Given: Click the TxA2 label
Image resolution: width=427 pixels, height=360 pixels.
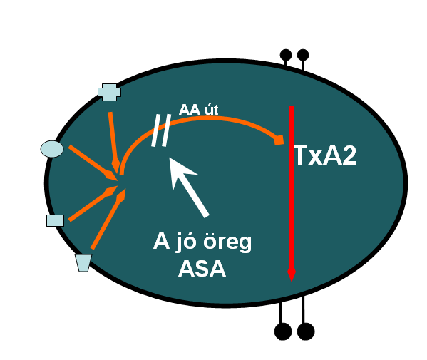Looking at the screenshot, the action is (325, 155).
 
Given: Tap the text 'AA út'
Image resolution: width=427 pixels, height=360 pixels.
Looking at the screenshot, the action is (198, 110).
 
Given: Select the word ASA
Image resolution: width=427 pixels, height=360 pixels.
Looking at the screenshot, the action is (202, 269).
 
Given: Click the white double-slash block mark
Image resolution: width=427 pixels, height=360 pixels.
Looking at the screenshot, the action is (161, 130).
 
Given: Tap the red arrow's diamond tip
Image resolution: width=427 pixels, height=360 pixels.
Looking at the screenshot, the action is (292, 274).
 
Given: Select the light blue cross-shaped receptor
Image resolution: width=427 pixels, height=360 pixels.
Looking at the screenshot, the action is (109, 92).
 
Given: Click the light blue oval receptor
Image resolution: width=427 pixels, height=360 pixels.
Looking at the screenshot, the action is (52, 149).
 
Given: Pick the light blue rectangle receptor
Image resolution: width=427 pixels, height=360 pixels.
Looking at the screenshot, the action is (56, 220).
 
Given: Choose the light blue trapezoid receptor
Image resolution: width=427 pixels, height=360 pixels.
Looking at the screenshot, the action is (83, 263).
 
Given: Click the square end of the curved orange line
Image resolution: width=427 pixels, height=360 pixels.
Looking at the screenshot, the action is (279, 140).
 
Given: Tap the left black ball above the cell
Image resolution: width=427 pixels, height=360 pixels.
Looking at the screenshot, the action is (286, 55).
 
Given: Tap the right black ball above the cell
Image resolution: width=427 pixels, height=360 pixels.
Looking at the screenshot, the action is (303, 55).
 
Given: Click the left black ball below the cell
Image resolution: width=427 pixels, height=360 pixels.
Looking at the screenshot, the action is (283, 331).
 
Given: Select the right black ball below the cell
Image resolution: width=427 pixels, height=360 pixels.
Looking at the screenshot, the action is (306, 331).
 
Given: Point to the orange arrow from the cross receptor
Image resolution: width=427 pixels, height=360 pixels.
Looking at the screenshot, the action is (114, 143).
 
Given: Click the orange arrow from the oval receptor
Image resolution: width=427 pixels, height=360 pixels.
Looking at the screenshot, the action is (93, 163).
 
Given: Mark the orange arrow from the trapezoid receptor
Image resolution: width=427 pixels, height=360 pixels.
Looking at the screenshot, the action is (108, 219).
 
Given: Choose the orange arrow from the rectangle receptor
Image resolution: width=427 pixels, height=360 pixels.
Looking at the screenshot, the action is (93, 203).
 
